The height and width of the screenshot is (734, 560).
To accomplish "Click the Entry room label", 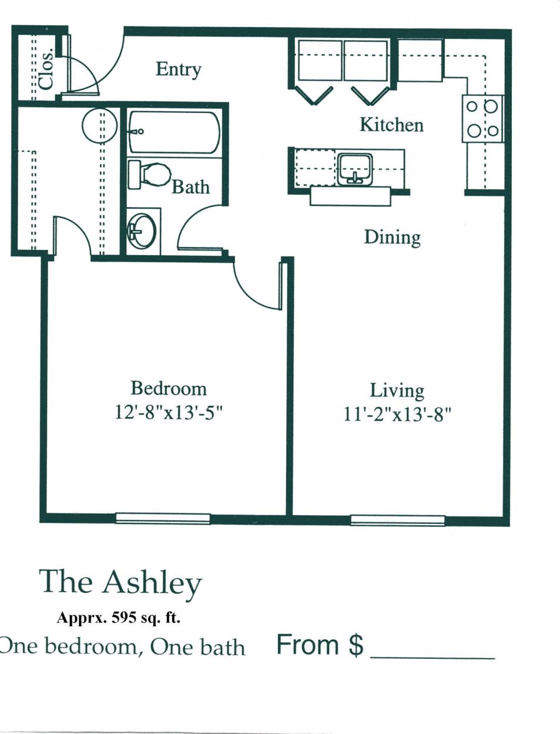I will click(x=178, y=70).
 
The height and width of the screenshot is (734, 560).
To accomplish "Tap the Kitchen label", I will click(x=391, y=125).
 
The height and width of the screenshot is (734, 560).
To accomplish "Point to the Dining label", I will click(x=392, y=237).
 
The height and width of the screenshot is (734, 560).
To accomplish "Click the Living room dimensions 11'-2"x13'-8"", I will click(x=397, y=415).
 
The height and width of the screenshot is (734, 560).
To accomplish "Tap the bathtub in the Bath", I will click(x=174, y=132).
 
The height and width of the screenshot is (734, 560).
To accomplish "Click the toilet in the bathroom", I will click(x=150, y=175).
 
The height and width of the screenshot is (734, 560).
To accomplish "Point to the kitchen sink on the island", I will click(x=354, y=169).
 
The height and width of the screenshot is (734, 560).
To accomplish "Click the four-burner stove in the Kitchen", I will click(x=482, y=118).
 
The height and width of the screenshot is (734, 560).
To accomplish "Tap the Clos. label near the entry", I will click(x=46, y=69).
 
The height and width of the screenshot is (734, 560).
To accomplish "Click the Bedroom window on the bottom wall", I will click(x=163, y=518).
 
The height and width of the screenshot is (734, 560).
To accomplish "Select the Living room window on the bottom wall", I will click(x=397, y=520).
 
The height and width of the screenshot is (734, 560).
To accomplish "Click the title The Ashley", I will click(x=120, y=582).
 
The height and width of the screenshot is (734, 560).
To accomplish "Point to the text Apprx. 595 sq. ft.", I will click(x=118, y=618).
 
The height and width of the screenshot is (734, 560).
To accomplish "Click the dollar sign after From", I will click(x=356, y=645).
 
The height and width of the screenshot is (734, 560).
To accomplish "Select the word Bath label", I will click(x=190, y=187).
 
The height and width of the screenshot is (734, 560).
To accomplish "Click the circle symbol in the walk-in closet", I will click(x=99, y=126).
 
